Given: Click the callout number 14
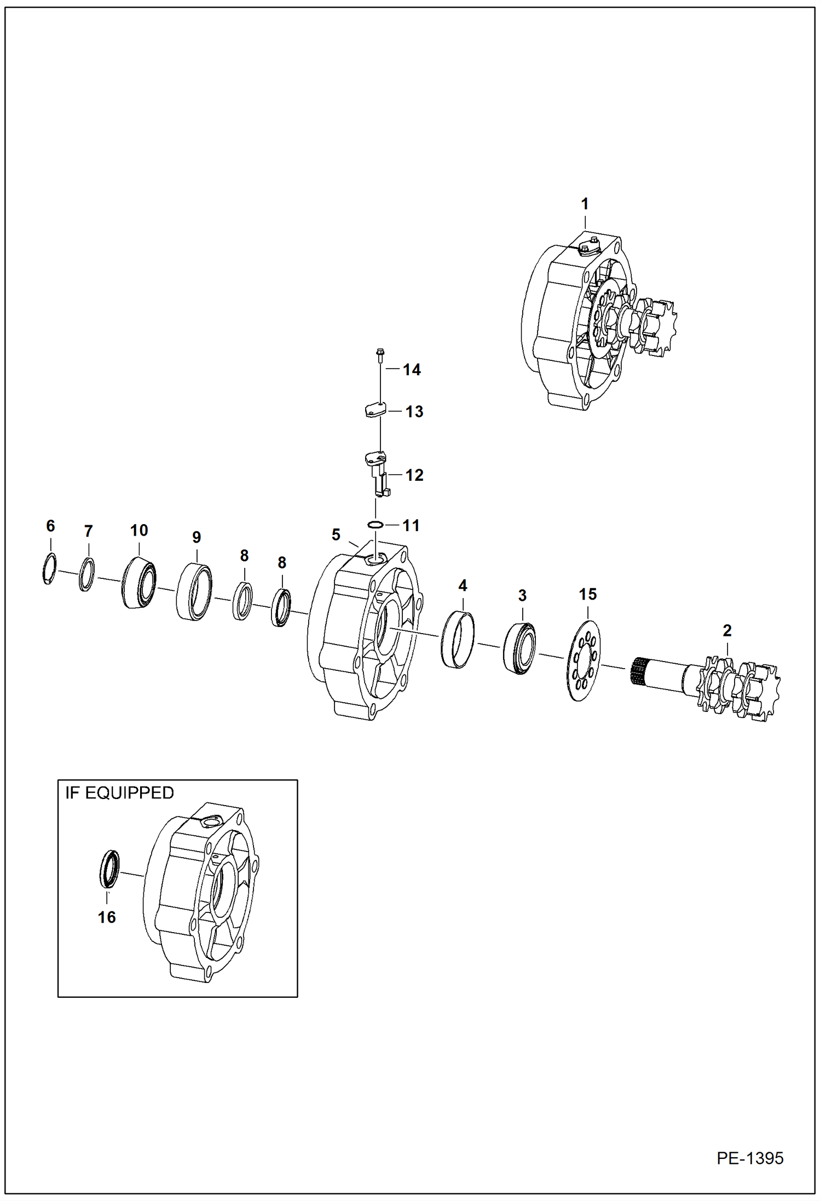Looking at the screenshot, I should tap(412, 370).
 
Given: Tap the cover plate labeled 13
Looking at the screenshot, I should tap(376, 410).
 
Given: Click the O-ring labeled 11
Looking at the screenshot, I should tap(375, 525).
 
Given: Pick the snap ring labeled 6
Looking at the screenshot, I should tap(49, 569).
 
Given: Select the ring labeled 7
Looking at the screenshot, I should tap(86, 574).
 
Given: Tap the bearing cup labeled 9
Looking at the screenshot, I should tap(194, 591).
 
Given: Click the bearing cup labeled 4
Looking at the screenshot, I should tap(458, 640).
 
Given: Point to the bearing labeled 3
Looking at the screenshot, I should tap(519, 648).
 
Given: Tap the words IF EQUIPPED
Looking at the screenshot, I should tap(119, 793).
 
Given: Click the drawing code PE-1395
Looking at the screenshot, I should tap(750, 1158).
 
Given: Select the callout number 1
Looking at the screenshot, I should tap(585, 204).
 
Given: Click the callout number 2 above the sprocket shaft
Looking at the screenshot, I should tap(727, 631).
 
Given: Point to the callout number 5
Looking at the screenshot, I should tap(336, 535).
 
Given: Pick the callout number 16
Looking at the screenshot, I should tap(107, 917).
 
